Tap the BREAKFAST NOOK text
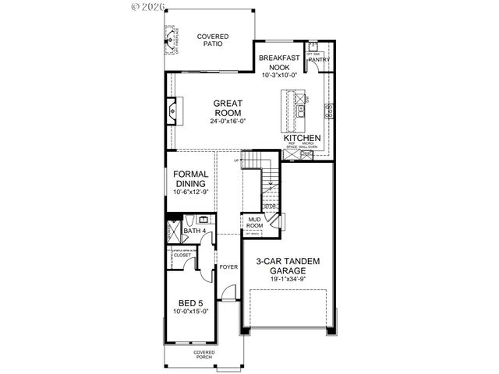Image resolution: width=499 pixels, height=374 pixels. [279, 62]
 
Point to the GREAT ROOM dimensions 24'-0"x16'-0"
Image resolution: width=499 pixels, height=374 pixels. [228, 121]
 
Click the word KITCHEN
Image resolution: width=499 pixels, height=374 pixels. [303, 138]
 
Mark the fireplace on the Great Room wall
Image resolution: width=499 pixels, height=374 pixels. [172, 111]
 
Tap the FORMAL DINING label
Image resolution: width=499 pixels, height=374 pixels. [190, 179]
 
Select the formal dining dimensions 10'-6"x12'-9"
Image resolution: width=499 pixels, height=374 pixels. [190, 192]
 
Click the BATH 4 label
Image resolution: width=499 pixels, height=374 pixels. [193, 231]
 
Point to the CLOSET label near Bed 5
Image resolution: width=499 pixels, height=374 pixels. [182, 254]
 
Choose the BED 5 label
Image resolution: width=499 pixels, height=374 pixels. [191, 303]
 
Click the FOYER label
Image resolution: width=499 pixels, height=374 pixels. [228, 266]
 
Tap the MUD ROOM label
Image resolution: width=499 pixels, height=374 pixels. [254, 223]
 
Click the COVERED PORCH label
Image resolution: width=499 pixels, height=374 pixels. [204, 355]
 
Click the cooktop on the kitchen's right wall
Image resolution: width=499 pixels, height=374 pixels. [329, 107]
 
